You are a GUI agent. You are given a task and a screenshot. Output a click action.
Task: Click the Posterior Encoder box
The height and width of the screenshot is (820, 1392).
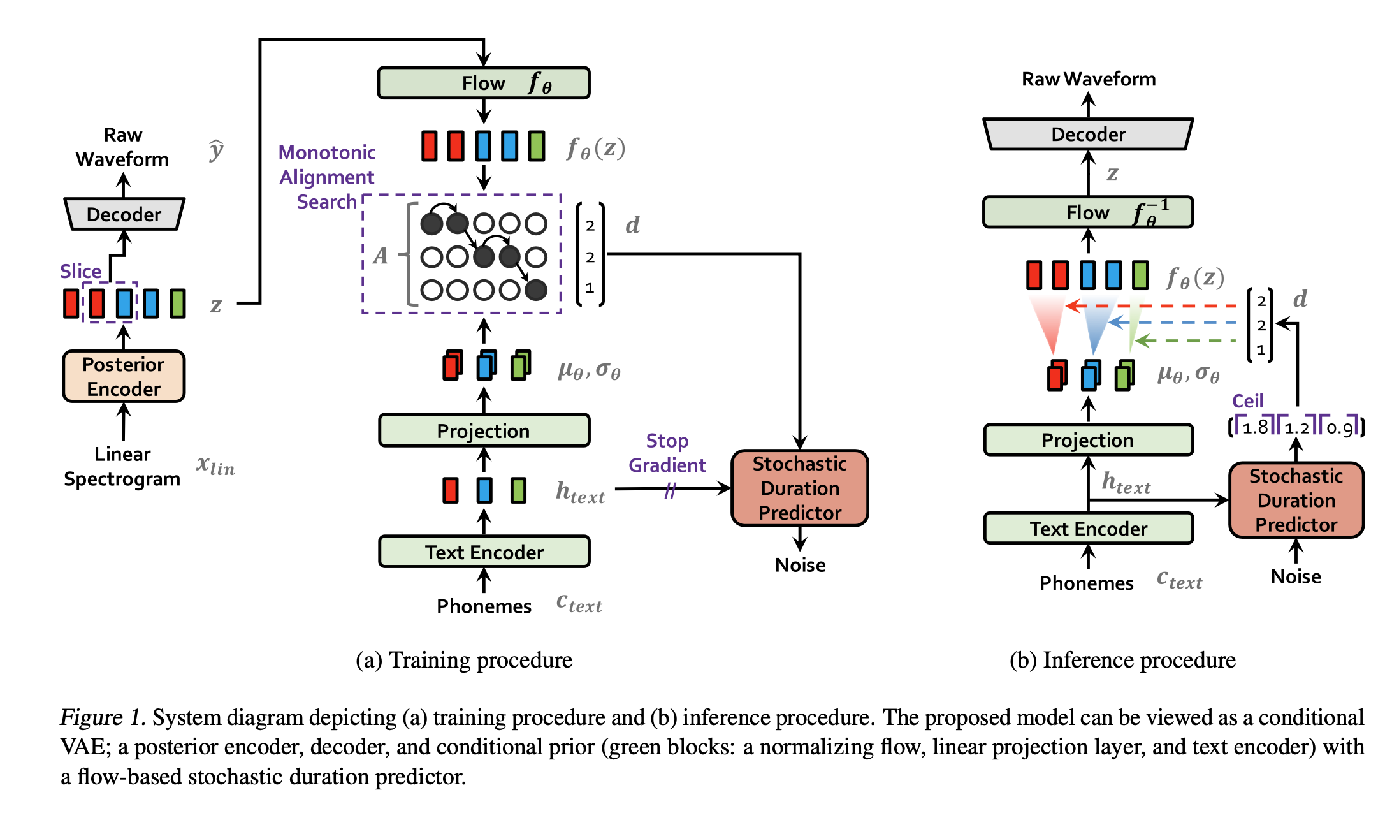(124, 376)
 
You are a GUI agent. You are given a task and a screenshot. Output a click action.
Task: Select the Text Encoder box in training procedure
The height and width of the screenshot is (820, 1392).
(484, 552)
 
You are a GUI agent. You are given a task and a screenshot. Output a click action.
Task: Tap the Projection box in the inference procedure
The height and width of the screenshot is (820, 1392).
(1088, 440)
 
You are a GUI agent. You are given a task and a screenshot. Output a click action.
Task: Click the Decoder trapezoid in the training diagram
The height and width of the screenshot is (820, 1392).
(124, 214)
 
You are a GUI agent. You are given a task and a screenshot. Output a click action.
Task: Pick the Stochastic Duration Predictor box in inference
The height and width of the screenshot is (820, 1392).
(1296, 501)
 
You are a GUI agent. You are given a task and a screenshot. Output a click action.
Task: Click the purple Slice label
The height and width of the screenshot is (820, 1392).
(80, 271)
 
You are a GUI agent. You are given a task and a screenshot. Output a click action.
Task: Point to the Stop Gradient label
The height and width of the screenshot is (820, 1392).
(667, 453)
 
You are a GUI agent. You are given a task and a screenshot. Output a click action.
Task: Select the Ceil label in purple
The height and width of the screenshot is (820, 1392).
(1247, 401)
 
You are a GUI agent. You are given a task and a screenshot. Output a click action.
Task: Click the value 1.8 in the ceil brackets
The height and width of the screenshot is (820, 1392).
(1255, 427)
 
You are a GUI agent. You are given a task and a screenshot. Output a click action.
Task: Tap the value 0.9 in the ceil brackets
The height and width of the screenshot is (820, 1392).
(1339, 428)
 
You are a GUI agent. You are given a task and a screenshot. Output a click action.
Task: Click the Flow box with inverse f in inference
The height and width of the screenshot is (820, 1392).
(1088, 212)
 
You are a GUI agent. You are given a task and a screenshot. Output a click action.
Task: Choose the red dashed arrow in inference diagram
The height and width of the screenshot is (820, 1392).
(1154, 306)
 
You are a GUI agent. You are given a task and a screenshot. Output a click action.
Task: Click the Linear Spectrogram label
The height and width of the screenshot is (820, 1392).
(122, 466)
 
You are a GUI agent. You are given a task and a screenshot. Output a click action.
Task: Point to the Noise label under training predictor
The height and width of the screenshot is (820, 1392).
(800, 565)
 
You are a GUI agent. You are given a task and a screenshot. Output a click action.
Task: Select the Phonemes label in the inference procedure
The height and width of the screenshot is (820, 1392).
(1086, 583)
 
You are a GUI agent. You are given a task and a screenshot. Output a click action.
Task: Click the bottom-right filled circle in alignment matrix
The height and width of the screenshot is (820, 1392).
(536, 290)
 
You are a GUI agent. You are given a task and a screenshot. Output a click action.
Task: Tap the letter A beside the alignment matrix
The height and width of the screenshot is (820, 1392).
(381, 256)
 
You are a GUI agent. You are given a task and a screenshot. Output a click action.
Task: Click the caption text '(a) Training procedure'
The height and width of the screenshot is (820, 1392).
(464, 660)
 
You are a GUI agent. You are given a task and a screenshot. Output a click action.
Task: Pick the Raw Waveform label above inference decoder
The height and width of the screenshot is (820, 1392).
(1088, 79)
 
